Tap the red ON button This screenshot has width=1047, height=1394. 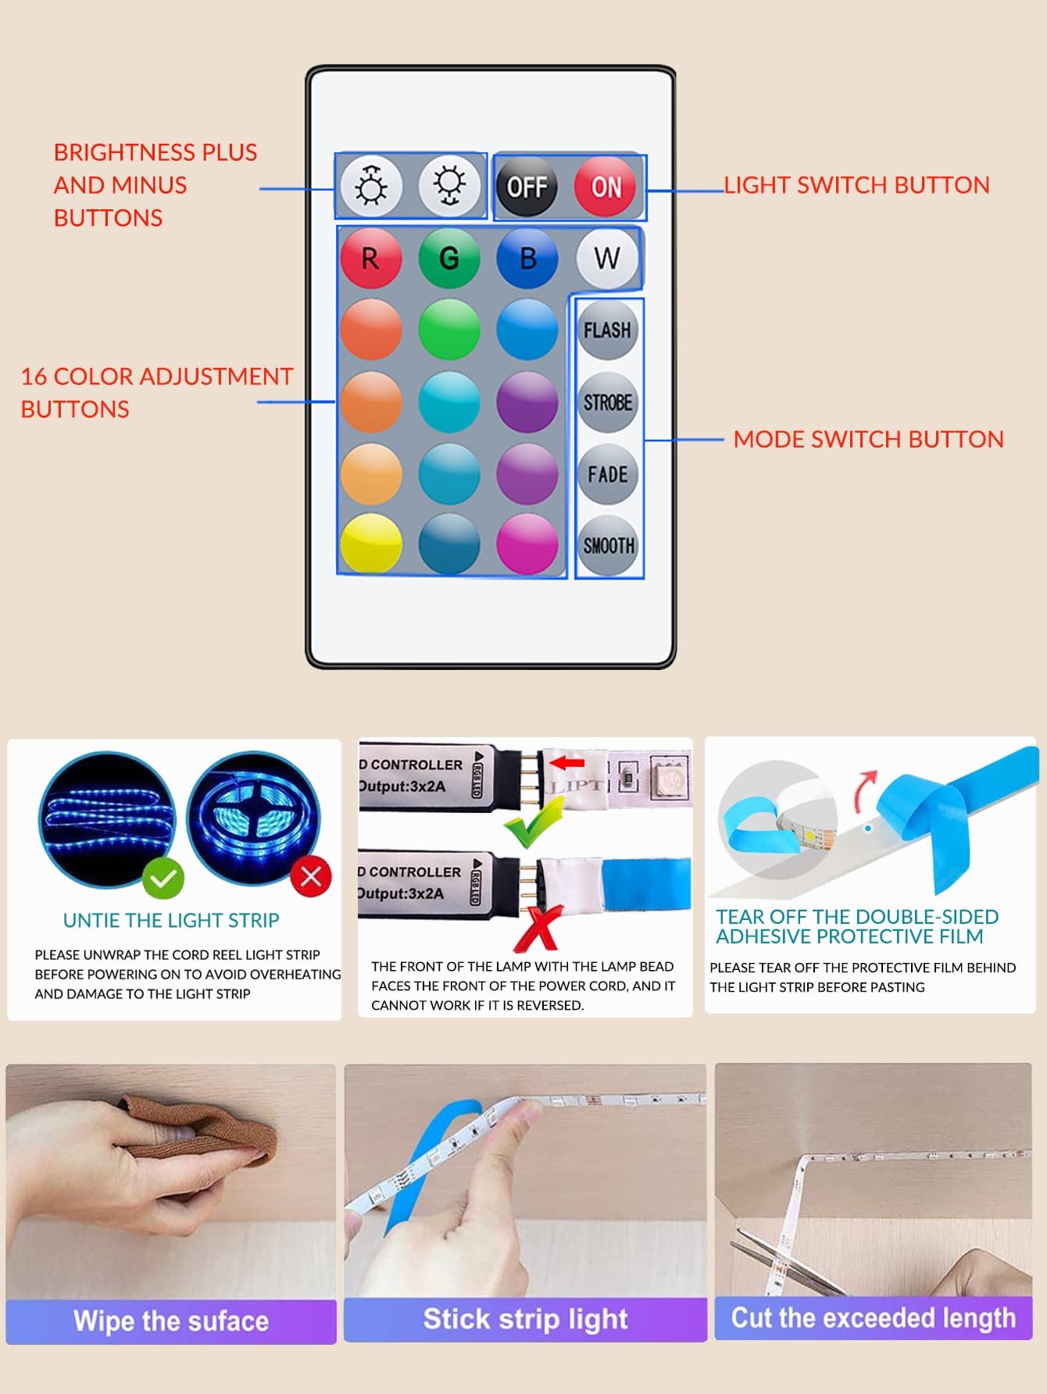click(x=606, y=187)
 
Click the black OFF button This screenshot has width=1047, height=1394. click(x=527, y=187)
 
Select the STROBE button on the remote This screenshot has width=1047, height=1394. click(x=608, y=402)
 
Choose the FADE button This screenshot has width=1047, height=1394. click(x=608, y=474)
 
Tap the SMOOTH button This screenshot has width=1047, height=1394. click(x=608, y=545)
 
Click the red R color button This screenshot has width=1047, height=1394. click(x=371, y=258)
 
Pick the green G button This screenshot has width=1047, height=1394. click(x=449, y=258)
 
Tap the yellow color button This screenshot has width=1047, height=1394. click(x=371, y=544)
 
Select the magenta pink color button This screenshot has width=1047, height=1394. click(x=527, y=544)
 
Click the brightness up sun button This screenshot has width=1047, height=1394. click(x=371, y=187)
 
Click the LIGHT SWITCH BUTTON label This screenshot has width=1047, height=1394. click(x=856, y=185)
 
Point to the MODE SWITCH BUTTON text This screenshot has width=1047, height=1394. click(x=868, y=440)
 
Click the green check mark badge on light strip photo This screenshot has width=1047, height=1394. click(x=163, y=879)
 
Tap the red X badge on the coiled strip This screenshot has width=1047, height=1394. click(x=311, y=876)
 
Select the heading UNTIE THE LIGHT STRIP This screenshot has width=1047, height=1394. click(x=171, y=921)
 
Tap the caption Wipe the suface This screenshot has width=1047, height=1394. click(x=171, y=1321)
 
